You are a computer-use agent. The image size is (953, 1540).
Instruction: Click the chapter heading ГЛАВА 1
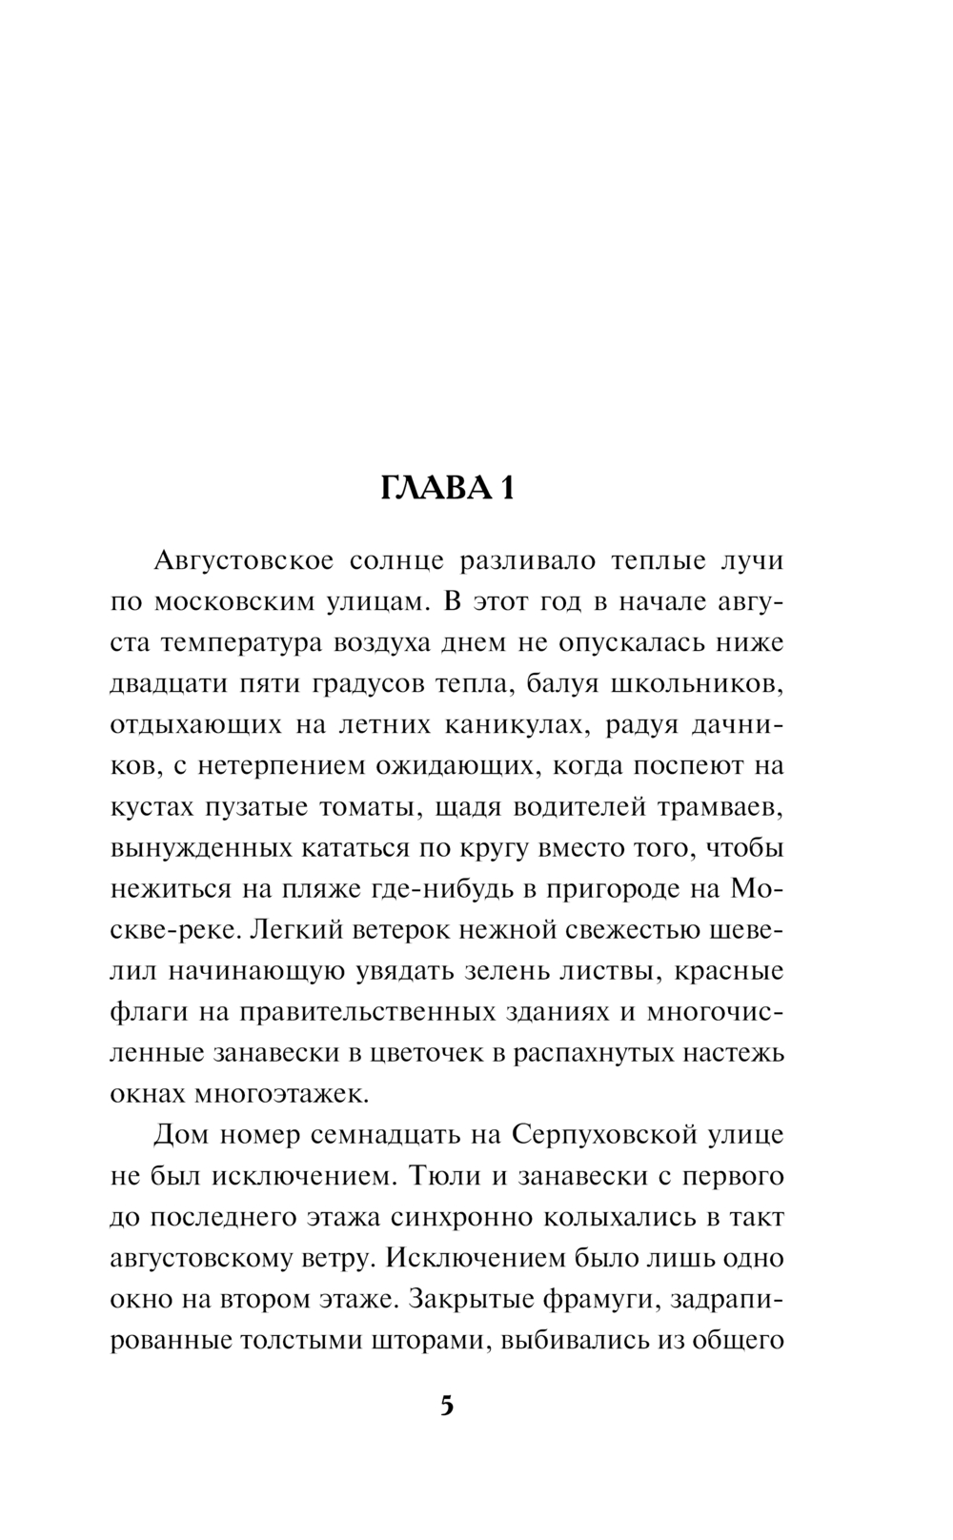[x=447, y=489]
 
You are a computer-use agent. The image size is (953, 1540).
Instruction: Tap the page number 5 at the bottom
[x=447, y=1407]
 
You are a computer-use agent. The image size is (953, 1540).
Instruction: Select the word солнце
[x=396, y=561]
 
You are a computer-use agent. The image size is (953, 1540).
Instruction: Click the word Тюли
[x=439, y=1176]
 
